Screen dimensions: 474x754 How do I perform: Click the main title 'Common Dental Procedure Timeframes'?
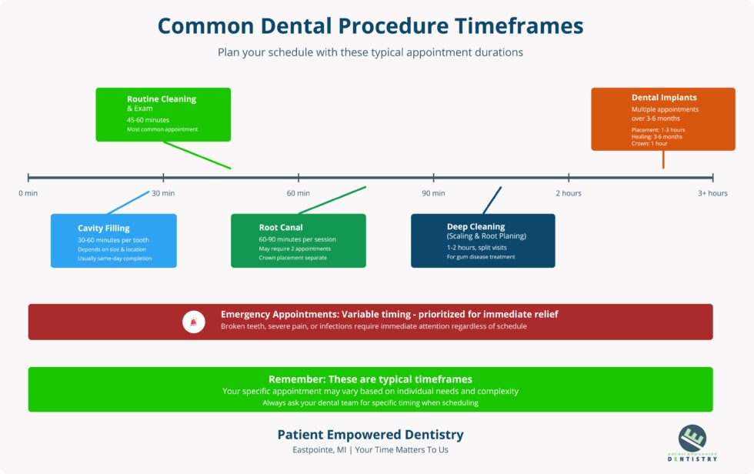tap(370, 25)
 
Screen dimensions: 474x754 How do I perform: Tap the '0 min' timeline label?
tap(28, 193)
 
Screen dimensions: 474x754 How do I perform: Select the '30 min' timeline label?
tap(163, 193)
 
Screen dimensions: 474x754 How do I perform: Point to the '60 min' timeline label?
tap(299, 193)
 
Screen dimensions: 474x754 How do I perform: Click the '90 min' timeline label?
tap(433, 193)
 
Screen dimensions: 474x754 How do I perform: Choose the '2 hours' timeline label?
tap(569, 193)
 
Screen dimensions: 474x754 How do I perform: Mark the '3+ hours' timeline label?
tap(712, 193)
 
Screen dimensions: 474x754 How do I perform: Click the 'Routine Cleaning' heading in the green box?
tap(162, 99)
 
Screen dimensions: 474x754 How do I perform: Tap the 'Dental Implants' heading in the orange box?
tap(664, 98)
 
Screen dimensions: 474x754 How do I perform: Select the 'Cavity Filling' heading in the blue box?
tap(104, 228)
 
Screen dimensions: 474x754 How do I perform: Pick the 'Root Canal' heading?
tap(281, 227)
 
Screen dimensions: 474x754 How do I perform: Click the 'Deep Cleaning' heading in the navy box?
tap(475, 226)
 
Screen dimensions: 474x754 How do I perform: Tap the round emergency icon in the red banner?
tap(194, 322)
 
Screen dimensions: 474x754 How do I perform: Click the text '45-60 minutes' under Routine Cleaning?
tap(148, 120)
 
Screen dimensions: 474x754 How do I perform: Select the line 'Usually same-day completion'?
tap(115, 259)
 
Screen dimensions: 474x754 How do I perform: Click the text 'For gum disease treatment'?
tap(481, 257)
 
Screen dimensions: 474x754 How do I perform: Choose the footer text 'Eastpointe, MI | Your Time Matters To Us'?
tap(370, 450)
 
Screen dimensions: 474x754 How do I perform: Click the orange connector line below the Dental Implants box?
tap(663, 159)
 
